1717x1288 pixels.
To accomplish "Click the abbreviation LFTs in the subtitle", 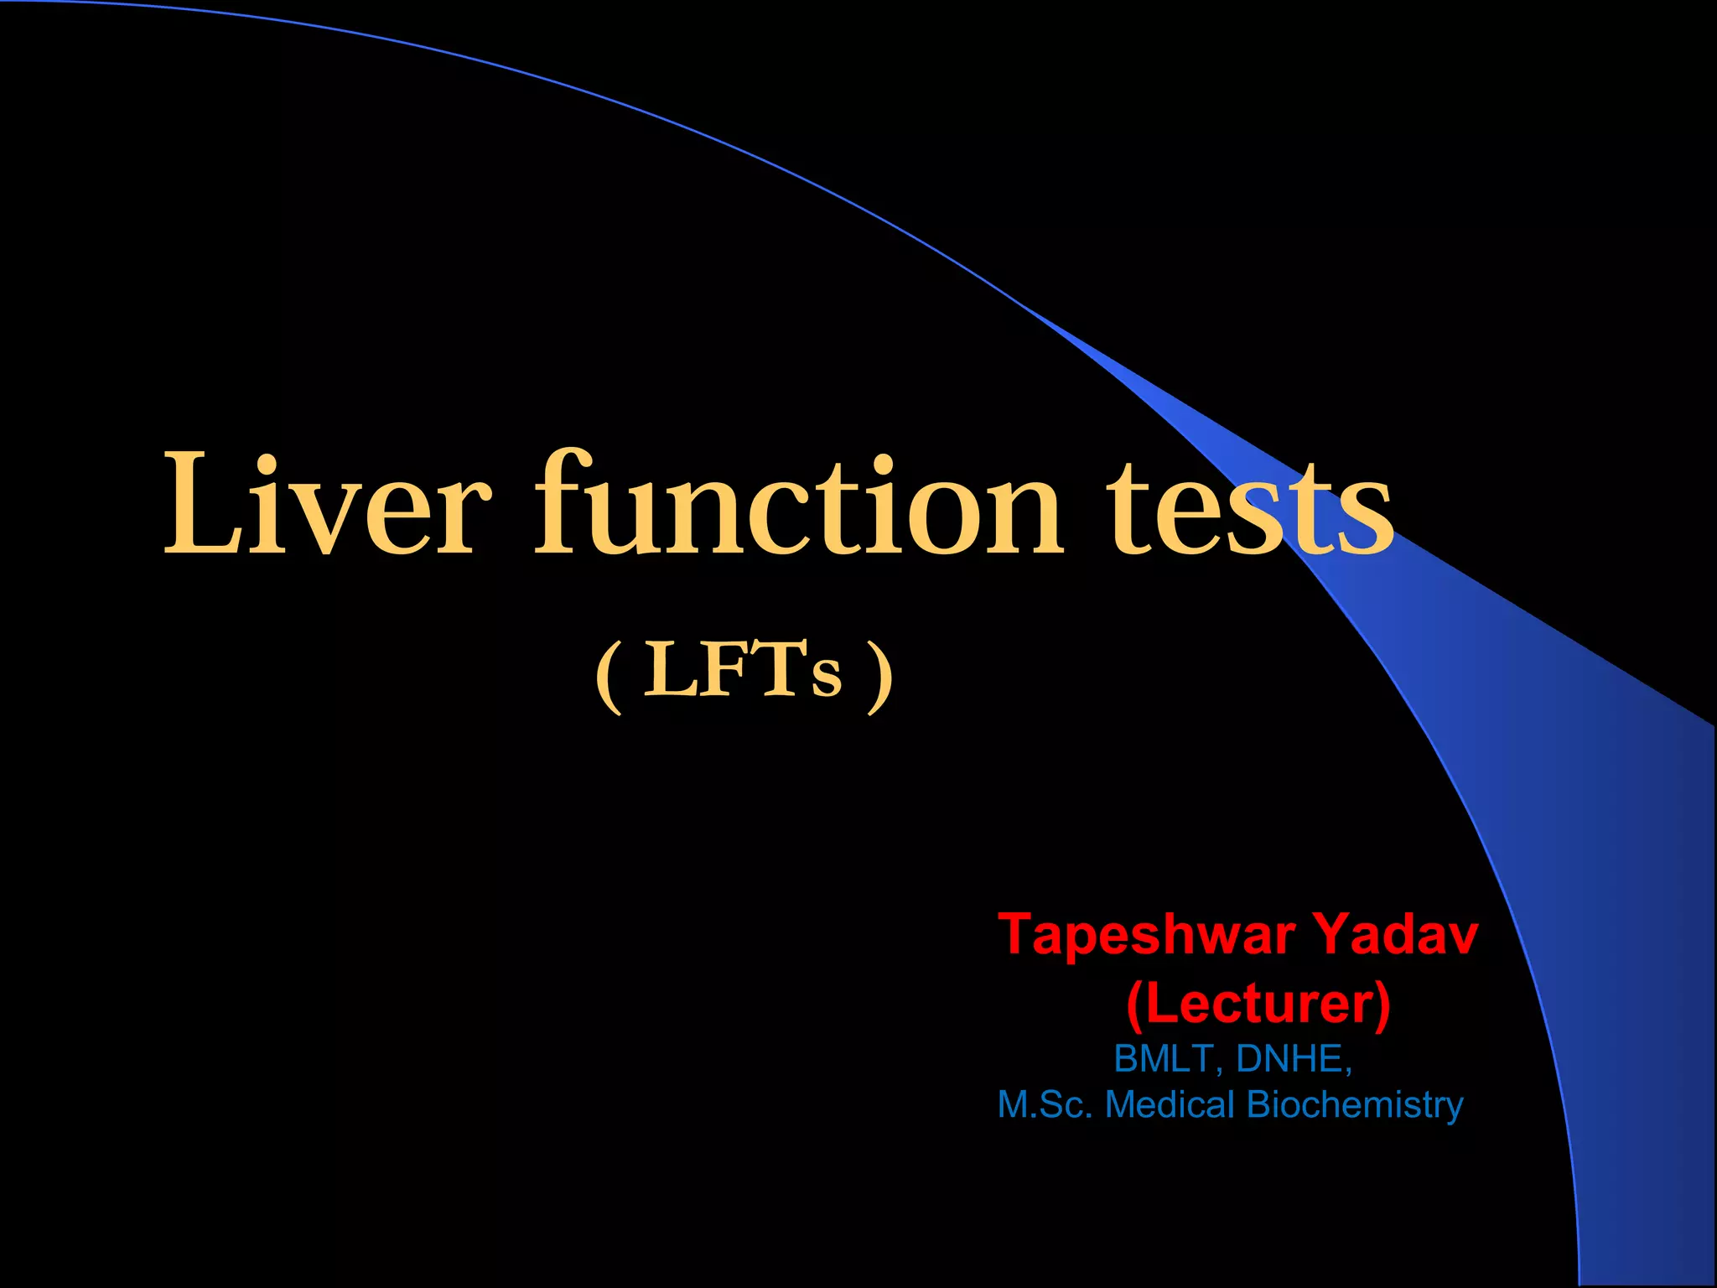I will click(742, 670).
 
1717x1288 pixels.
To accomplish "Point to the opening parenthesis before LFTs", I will click(610, 676).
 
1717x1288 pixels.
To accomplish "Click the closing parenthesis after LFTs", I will click(879, 676).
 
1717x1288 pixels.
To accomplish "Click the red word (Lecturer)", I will click(1258, 1004).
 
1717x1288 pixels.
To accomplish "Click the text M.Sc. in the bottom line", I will click(1045, 1105).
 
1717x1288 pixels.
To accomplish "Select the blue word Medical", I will click(1170, 1105).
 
